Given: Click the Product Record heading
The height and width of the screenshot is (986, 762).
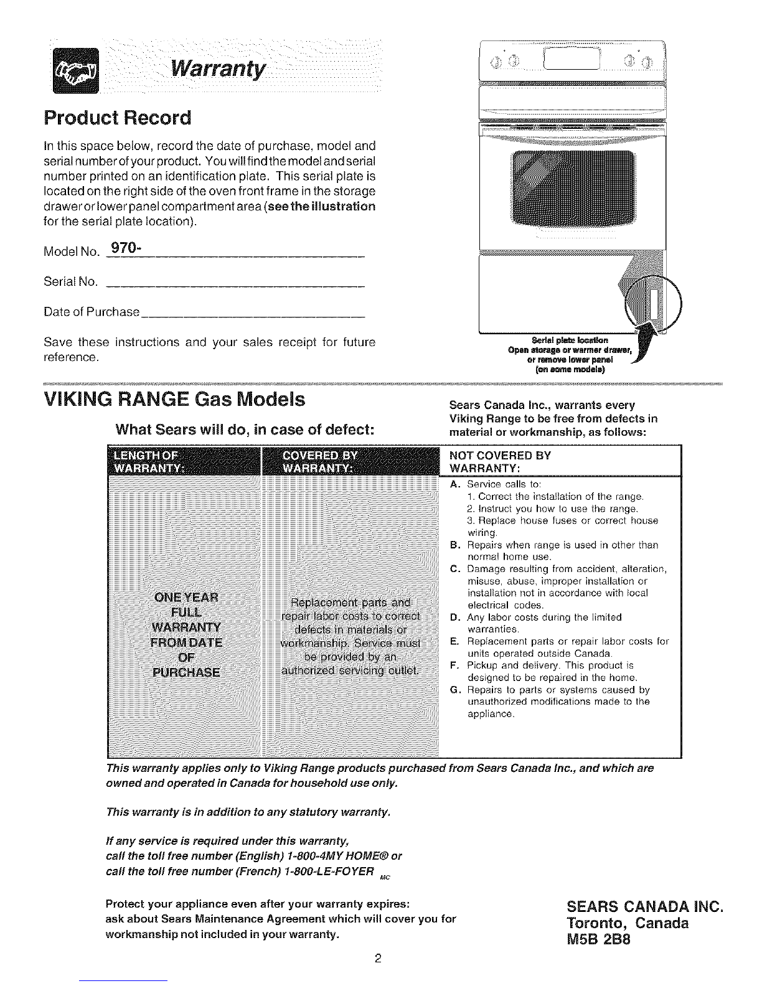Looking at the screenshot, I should click(118, 118).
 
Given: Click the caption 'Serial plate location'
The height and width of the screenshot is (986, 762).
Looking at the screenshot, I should click(571, 340).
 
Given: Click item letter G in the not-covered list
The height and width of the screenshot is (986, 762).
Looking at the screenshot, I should click(453, 690).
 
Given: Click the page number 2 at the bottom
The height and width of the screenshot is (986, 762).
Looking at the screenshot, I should click(378, 958).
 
